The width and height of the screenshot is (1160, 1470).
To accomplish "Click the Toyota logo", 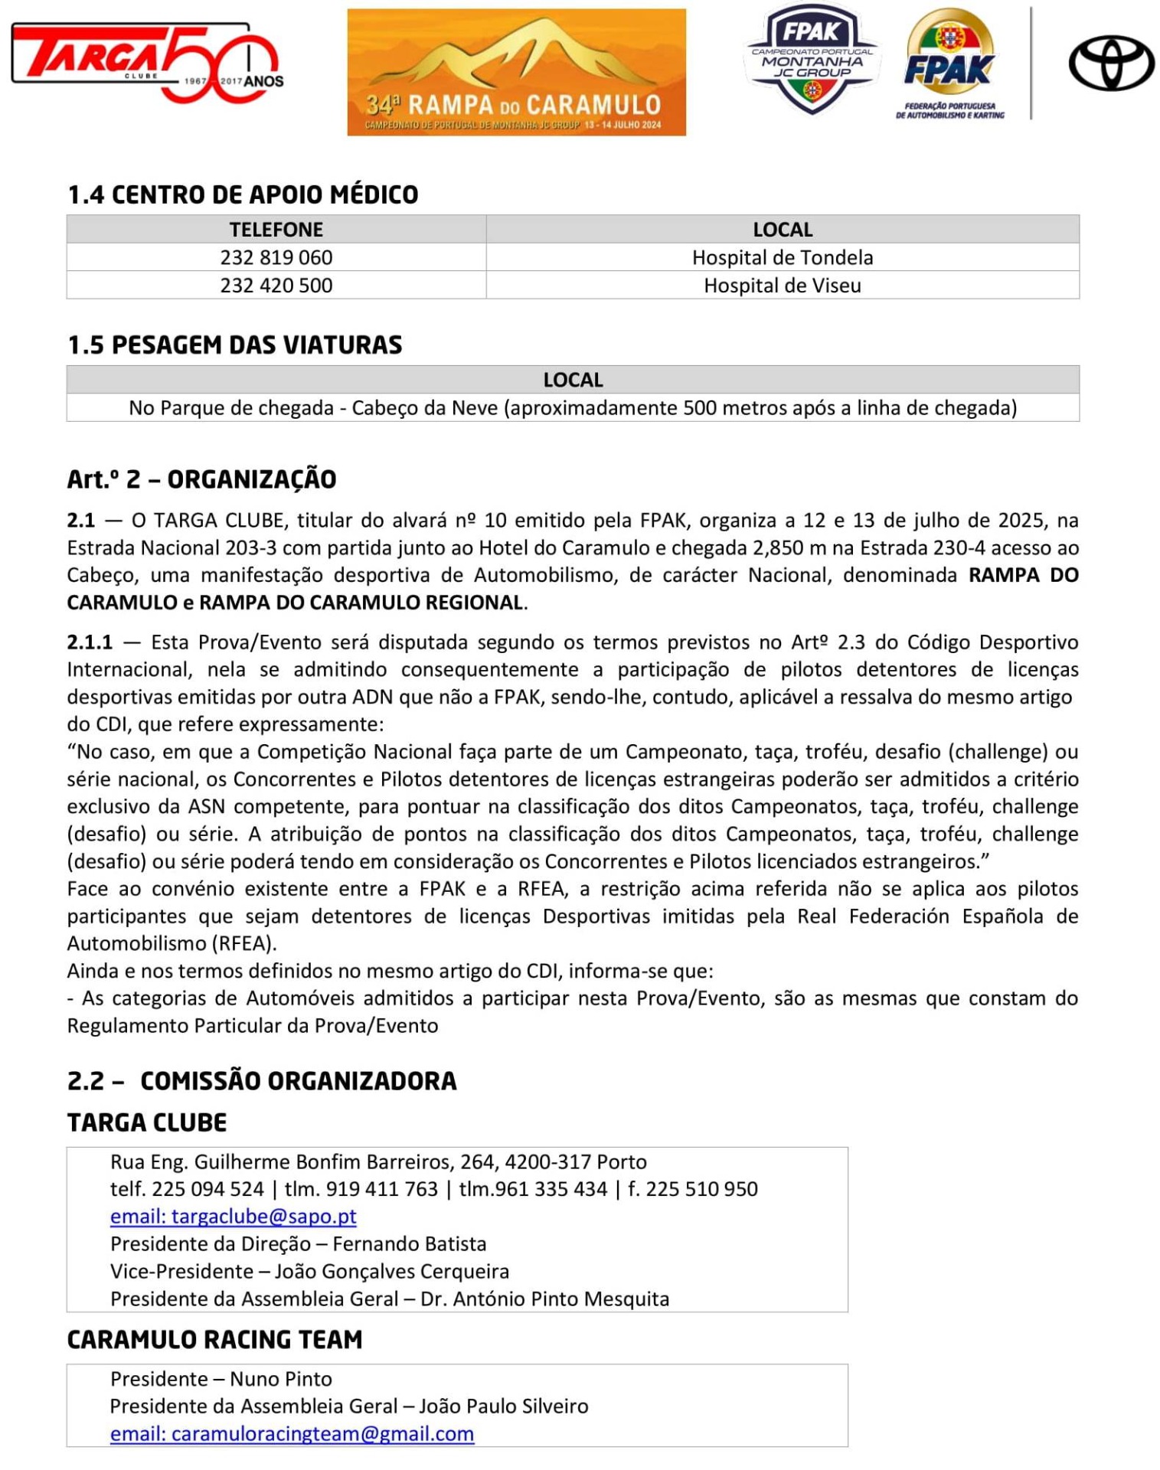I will (x=1110, y=64).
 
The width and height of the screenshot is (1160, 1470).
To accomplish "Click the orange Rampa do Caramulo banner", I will (x=516, y=72).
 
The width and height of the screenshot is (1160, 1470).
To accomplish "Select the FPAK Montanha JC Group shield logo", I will (x=811, y=60).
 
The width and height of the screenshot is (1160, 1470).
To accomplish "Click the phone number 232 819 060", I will (x=276, y=257).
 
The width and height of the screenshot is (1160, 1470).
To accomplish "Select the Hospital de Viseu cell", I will (x=782, y=286).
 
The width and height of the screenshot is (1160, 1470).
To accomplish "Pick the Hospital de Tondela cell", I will (x=782, y=257).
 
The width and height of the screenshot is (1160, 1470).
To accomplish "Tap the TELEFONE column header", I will (x=276, y=230).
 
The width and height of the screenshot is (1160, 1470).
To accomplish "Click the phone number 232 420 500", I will (x=276, y=286).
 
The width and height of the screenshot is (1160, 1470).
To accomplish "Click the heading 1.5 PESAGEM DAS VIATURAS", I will (x=234, y=345).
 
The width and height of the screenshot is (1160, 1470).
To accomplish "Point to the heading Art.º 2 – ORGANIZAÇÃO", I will (x=201, y=479).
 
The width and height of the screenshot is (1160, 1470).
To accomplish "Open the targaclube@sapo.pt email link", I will (x=234, y=1217).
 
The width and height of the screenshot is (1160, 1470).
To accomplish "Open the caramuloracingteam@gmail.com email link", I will (x=292, y=1434).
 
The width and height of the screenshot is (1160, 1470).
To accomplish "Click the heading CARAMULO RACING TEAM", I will (x=214, y=1340).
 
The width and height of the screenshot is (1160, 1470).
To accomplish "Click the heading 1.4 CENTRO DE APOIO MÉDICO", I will (x=243, y=195).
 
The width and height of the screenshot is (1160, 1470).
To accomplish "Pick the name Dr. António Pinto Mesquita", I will (x=544, y=1299).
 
